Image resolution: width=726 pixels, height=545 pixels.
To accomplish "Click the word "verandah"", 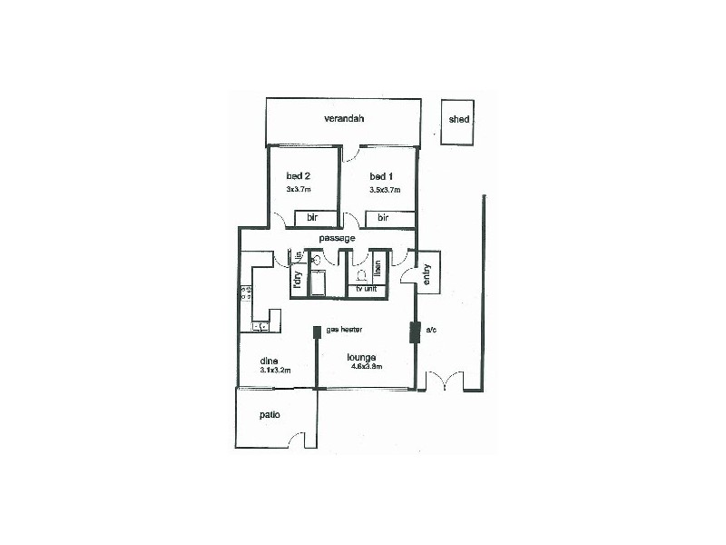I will [x=343, y=119].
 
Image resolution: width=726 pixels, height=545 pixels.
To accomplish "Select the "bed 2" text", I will [x=299, y=175].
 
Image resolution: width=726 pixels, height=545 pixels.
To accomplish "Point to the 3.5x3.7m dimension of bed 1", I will [x=385, y=190].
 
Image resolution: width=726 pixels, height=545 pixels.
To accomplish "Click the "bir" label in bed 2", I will [x=311, y=218].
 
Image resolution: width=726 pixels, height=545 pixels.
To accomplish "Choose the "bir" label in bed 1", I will [x=383, y=218].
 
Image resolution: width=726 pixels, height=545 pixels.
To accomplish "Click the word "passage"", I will [x=337, y=238].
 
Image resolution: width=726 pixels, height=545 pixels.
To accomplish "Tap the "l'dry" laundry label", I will [x=297, y=278].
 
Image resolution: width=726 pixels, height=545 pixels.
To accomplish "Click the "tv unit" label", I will [x=367, y=290].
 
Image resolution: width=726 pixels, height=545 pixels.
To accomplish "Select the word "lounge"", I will [x=361, y=357].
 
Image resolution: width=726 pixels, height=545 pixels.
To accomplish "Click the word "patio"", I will [x=268, y=414].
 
